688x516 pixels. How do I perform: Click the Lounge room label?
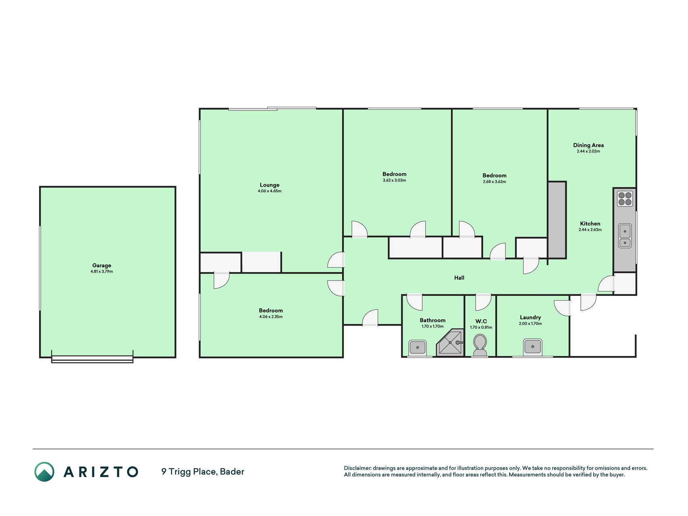pos(270,185)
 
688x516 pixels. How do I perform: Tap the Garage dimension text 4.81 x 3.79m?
pos(102,272)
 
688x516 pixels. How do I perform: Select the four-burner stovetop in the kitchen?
pos(625,199)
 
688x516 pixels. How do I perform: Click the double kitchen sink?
pos(625,236)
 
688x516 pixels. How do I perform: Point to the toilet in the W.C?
pos(480,345)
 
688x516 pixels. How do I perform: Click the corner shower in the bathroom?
pos(450,343)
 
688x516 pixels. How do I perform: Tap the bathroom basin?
pos(418,347)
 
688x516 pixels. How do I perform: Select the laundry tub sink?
pos(532,346)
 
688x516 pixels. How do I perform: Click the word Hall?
pos(459,278)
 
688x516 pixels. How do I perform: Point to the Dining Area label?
pos(588,145)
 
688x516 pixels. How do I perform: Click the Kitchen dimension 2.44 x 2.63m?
pos(590,230)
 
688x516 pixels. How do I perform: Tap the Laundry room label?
pos(530,317)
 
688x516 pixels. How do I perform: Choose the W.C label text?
pos(481,321)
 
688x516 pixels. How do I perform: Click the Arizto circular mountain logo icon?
pos(44,472)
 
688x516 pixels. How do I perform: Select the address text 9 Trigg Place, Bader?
pos(203,472)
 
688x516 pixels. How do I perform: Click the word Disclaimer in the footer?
pos(357,468)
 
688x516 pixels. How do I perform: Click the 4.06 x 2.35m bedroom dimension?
pos(271,317)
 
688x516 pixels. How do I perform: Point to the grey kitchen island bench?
pos(557,220)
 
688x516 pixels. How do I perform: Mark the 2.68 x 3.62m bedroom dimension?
pos(495,182)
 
